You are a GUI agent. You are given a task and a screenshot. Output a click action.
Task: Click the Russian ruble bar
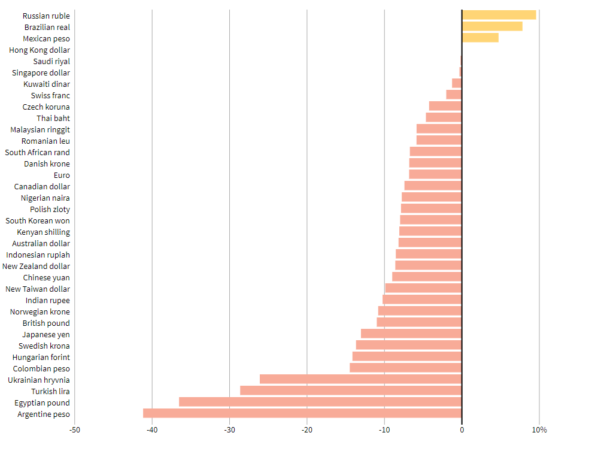point(499,15)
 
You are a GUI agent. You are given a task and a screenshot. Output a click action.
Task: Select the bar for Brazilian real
point(492,26)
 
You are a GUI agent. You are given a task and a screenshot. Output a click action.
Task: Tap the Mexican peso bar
point(480,38)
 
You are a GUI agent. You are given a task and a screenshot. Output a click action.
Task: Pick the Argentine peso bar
point(302,413)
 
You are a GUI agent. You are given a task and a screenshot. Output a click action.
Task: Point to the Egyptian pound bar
point(320,402)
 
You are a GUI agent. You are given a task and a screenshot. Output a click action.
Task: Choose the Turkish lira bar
point(351,391)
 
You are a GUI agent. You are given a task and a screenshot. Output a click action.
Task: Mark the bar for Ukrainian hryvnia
point(360,379)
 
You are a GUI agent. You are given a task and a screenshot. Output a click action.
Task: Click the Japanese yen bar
point(411,334)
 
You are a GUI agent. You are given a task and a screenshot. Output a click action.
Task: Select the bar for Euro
point(435,174)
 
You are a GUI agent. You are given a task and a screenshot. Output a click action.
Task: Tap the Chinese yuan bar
point(427,277)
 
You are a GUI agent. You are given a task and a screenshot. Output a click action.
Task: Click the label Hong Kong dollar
point(40,50)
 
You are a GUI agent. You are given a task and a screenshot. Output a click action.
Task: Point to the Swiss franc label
point(50,96)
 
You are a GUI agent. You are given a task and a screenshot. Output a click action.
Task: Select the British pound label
point(46,323)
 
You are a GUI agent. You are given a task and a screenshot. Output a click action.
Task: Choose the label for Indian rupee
point(47,301)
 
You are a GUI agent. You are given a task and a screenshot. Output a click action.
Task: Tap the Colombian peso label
point(41,369)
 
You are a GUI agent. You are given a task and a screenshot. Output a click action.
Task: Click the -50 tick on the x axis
point(75,430)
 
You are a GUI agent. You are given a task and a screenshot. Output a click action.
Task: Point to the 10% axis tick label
point(539,430)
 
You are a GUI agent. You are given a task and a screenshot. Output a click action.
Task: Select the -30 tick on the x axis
point(229,430)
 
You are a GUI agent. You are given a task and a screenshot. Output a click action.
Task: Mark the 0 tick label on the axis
point(462,430)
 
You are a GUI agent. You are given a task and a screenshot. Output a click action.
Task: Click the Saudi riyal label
point(51,62)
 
